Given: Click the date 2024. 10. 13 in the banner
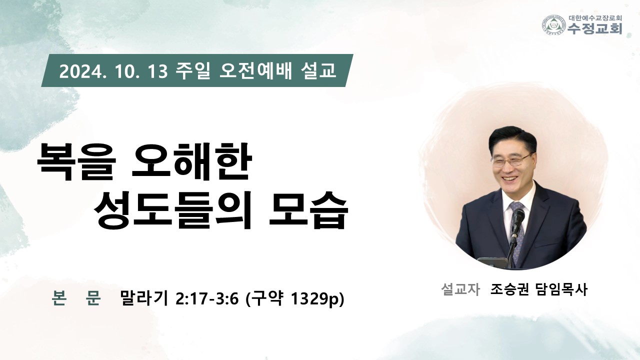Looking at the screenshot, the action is pyautogui.click(x=113, y=71).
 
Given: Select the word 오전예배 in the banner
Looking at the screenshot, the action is pyautogui.click(x=255, y=71).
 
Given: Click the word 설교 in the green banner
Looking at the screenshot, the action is pyautogui.click(x=318, y=71).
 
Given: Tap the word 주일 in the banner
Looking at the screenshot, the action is pyautogui.click(x=193, y=71).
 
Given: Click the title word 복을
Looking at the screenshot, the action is pyautogui.click(x=77, y=162).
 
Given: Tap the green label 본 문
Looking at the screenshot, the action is pyautogui.click(x=76, y=298).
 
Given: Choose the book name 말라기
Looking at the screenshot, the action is pyautogui.click(x=144, y=298).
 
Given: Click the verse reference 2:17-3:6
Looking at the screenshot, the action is pyautogui.click(x=207, y=299).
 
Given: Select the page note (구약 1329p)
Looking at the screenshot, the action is pyautogui.click(x=295, y=299).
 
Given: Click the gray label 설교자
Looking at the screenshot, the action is pyautogui.click(x=460, y=289).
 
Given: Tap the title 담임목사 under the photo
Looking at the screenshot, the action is pyautogui.click(x=561, y=289).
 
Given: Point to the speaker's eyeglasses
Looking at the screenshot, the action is pyautogui.click(x=511, y=160).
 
